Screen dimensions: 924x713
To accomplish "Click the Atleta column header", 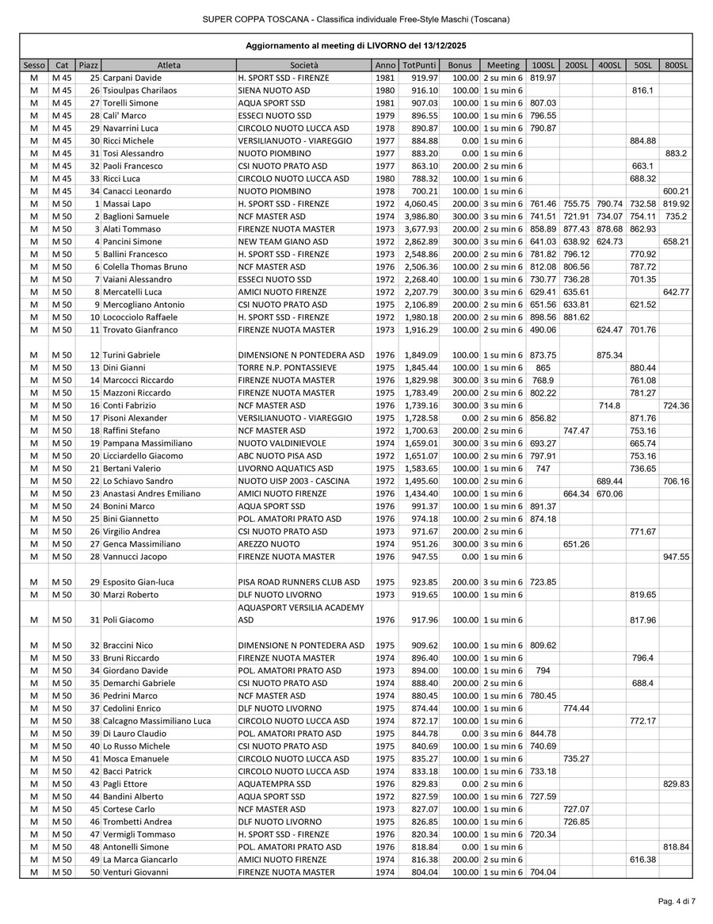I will coord(168,65).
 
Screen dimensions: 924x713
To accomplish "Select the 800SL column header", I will coord(676,65).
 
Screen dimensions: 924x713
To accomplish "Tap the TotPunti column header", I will coord(418,65).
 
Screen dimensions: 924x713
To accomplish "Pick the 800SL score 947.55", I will coord(676,557).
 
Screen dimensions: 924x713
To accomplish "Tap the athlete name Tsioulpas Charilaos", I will coord(139,90).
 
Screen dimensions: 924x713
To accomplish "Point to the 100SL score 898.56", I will coord(543,317).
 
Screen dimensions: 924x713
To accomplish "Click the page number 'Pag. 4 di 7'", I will coord(677,901).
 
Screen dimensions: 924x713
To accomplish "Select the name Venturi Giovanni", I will coord(135,872).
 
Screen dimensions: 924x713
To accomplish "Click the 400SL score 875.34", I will coord(608,355).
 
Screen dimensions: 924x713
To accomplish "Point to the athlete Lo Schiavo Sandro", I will coord(137,481).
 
